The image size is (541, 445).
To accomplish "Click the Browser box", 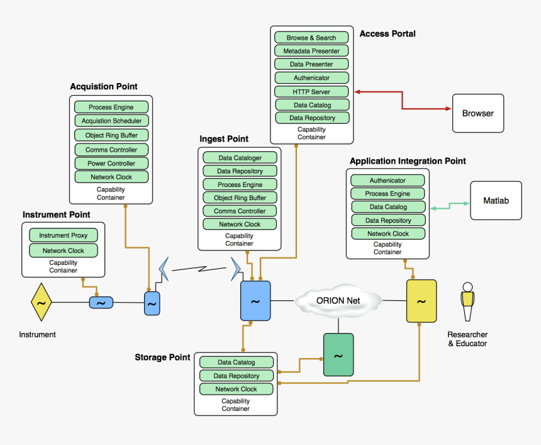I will (478, 113).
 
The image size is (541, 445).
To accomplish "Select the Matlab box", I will (496, 201).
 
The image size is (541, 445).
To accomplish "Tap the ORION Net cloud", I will (338, 301).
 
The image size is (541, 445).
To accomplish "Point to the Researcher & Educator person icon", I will (467, 302).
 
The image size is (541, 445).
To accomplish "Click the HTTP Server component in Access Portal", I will (311, 91).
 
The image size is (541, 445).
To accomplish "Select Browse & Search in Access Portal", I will (311, 38).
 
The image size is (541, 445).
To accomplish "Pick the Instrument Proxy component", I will (64, 235).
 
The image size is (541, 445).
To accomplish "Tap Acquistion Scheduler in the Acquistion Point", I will (111, 120).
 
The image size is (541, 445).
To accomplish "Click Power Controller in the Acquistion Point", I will (111, 163).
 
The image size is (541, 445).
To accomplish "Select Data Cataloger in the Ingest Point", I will (240, 157).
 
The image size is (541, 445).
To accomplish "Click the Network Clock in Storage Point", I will (237, 389).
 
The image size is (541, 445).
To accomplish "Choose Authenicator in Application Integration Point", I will (388, 180).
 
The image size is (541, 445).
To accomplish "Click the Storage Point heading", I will (162, 358).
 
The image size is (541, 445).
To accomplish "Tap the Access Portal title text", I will (387, 33).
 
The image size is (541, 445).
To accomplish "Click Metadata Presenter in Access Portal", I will (311, 51).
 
